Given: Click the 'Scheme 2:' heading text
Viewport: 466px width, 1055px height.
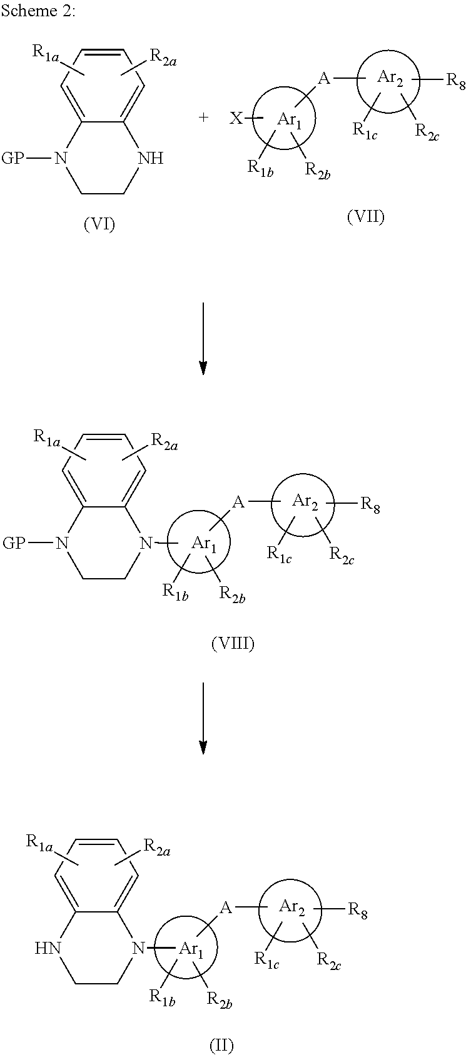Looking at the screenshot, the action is [38, 12].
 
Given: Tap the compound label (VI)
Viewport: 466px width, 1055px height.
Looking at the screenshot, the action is [99, 224].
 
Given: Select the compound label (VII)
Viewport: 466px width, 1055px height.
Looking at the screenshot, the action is [366, 216].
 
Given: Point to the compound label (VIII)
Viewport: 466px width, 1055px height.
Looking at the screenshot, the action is [233, 644].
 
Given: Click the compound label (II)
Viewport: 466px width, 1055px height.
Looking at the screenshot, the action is [221, 1044].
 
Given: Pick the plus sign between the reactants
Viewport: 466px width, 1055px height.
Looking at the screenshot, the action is [203, 117].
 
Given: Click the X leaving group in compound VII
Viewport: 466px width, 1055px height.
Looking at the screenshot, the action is [236, 119].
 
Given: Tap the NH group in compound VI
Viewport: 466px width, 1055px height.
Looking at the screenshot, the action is [150, 158].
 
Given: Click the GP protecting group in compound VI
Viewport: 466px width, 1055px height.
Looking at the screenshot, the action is [13, 158].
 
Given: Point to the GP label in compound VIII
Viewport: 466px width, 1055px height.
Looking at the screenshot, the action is [14, 542].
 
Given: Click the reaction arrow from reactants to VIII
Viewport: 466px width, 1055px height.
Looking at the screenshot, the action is [203, 338].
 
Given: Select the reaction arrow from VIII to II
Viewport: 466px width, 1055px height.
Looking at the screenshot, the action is [203, 718].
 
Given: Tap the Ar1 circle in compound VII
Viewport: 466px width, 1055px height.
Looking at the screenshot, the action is [284, 119].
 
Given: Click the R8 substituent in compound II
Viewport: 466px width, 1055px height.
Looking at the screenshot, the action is [357, 910].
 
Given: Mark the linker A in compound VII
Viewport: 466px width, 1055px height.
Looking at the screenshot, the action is [323, 79].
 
